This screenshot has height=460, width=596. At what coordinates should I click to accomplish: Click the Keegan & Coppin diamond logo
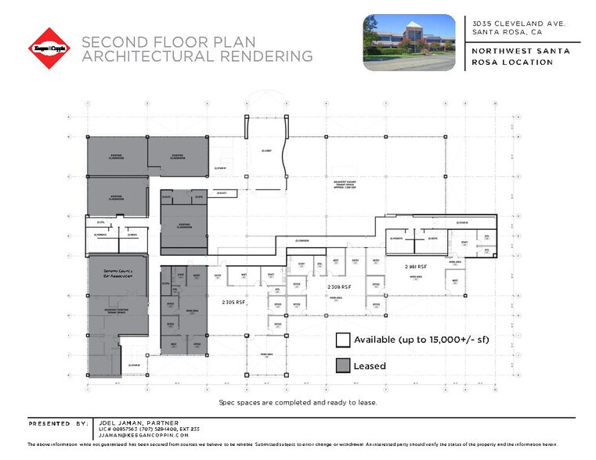(x=49, y=49)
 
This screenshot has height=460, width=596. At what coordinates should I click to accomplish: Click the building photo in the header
(x=408, y=42)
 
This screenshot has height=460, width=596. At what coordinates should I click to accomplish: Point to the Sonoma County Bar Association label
(x=110, y=275)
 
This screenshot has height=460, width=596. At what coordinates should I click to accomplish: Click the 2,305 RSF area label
(x=234, y=302)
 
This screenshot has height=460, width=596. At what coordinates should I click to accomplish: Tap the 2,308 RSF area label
(x=339, y=288)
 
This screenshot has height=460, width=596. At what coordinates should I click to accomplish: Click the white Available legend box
(x=343, y=340)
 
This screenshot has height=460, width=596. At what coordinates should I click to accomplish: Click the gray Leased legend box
(x=343, y=365)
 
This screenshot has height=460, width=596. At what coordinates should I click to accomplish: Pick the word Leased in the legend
(x=370, y=365)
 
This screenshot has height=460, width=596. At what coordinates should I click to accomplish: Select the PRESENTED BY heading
(x=60, y=423)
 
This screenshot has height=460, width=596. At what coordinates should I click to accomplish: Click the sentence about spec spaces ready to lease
(x=298, y=402)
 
